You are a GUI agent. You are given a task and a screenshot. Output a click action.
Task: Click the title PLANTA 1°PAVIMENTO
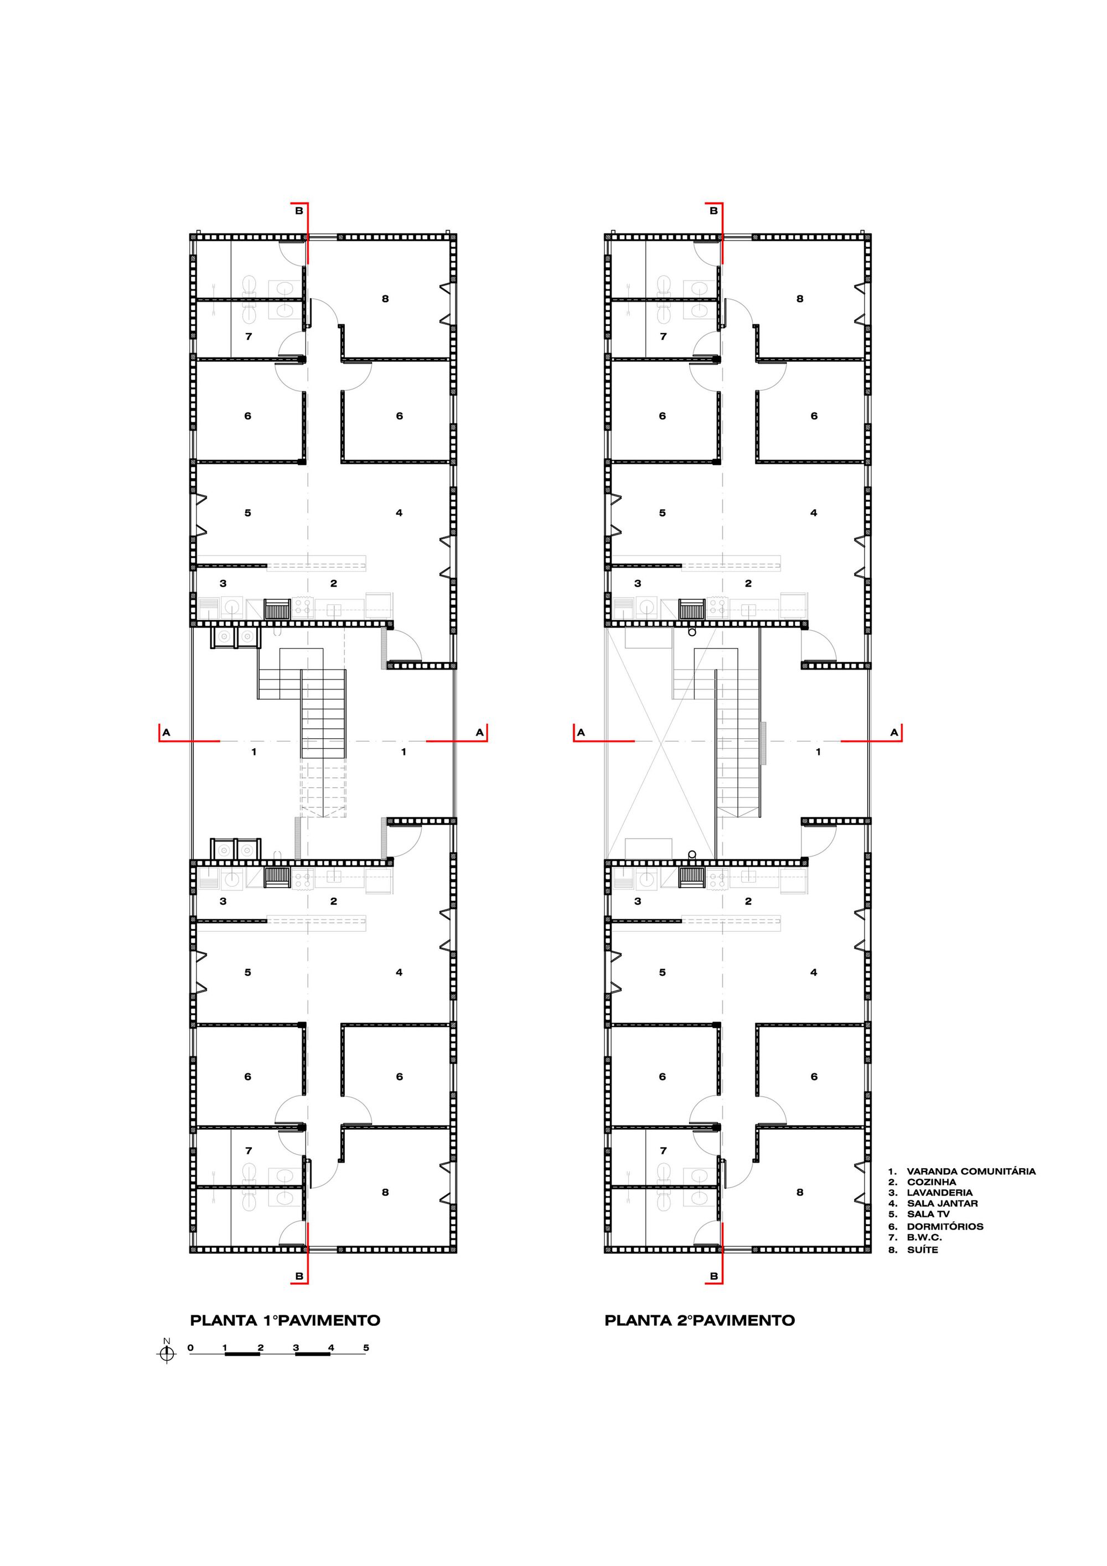pyautogui.click(x=285, y=1320)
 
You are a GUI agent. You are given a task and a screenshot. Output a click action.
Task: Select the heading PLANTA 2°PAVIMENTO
pyautogui.click(x=700, y=1320)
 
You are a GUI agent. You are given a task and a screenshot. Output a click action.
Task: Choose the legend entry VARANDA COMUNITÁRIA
pyautogui.click(x=971, y=1171)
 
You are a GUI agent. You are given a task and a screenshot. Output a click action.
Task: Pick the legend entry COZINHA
pyautogui.click(x=931, y=1182)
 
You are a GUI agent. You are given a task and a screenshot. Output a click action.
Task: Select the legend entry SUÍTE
pyautogui.click(x=922, y=1249)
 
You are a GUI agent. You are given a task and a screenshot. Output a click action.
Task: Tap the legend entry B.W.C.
pyautogui.click(x=924, y=1237)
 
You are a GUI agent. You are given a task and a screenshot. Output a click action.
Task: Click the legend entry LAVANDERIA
pyautogui.click(x=939, y=1193)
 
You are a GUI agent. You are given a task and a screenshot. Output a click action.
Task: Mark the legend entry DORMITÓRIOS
pyautogui.click(x=945, y=1226)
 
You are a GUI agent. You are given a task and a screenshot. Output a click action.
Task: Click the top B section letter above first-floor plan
pyautogui.click(x=299, y=211)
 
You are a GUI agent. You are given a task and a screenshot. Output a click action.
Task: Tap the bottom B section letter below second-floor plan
pyautogui.click(x=713, y=1276)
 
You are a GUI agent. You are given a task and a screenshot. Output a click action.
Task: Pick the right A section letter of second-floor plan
pyautogui.click(x=894, y=733)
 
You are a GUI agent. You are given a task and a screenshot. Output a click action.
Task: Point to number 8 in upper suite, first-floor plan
pyautogui.click(x=385, y=299)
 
